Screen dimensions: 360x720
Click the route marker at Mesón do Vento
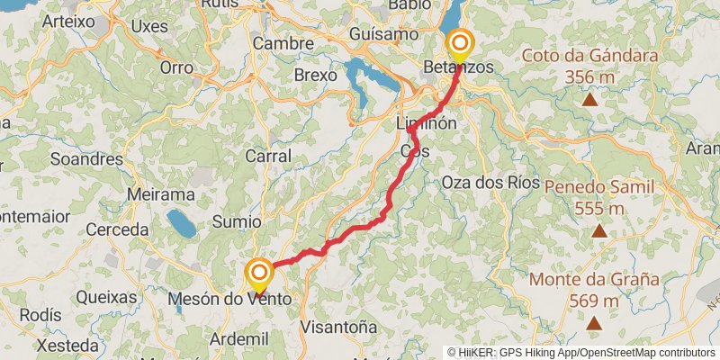[x=259, y=274]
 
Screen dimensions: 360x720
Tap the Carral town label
[x=268, y=156]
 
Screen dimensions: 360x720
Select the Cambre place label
[x=283, y=43]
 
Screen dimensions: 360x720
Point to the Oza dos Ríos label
[x=490, y=182]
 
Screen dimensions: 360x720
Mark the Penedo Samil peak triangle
[x=598, y=230]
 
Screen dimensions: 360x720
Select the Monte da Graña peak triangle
[x=594, y=321]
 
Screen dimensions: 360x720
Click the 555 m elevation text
[x=598, y=209]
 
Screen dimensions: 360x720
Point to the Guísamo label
[x=384, y=34]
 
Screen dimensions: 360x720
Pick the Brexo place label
[x=315, y=76]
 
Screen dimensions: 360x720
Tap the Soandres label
[x=86, y=159]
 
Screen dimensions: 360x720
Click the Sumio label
[x=236, y=221]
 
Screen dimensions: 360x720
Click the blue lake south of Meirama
[x=181, y=223]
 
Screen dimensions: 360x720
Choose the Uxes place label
[x=149, y=26]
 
